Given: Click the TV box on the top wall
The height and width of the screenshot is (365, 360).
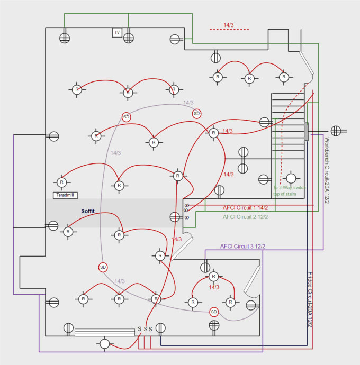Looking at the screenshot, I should pos(117,33).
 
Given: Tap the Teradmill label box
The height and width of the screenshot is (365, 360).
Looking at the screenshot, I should pos(66,195).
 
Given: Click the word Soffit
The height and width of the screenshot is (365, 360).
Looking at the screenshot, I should pos(88,211).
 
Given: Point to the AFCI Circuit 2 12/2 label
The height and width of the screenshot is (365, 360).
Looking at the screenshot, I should pos(245,217).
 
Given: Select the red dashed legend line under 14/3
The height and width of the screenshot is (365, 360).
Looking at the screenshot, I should pos(229,30).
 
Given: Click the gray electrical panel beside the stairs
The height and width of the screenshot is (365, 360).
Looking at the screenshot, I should pos(306,131).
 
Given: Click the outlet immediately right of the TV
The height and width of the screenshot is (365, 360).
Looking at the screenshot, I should pos(129,38).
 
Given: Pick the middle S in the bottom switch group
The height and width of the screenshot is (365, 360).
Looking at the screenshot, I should pos(145,329).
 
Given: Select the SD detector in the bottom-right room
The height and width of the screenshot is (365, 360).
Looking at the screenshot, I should pos(214,312).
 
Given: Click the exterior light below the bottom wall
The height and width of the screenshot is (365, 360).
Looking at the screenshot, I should pos(104,344).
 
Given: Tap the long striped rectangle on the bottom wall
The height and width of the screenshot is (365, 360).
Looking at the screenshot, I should pos(104,332).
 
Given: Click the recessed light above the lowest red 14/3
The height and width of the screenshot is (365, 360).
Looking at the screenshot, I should pos(213,277).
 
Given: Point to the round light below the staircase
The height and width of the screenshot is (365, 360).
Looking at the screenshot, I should pos(291,178).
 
